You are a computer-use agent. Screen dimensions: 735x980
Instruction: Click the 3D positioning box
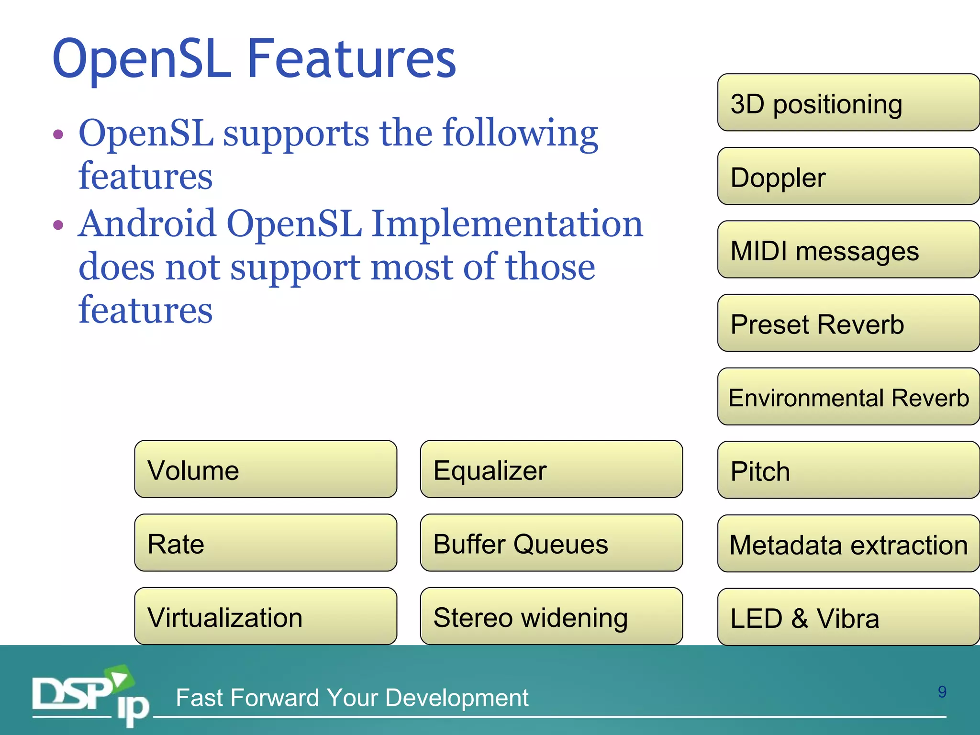tap(848, 102)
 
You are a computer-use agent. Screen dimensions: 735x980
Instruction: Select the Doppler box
tap(848, 176)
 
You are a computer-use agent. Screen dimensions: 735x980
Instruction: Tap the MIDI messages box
tap(848, 249)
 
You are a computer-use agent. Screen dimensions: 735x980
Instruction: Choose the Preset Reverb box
tap(848, 323)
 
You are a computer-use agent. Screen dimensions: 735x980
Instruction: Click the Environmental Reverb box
tap(848, 397)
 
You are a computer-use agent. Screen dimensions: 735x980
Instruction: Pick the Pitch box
tap(848, 470)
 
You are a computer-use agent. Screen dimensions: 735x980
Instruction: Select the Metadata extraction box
tap(848, 544)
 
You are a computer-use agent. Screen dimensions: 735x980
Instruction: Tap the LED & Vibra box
tap(848, 617)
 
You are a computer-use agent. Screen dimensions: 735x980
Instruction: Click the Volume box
tap(266, 469)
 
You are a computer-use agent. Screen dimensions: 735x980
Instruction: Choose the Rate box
tap(266, 543)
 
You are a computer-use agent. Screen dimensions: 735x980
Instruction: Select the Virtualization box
tap(266, 616)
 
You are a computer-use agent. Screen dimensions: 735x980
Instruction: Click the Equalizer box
tap(551, 469)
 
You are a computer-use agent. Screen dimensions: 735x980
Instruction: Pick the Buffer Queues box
tap(551, 543)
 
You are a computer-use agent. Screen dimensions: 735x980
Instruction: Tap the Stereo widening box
tap(551, 616)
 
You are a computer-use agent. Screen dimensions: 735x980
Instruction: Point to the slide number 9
tap(942, 692)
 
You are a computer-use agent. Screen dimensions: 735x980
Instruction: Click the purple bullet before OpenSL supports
tap(58, 134)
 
